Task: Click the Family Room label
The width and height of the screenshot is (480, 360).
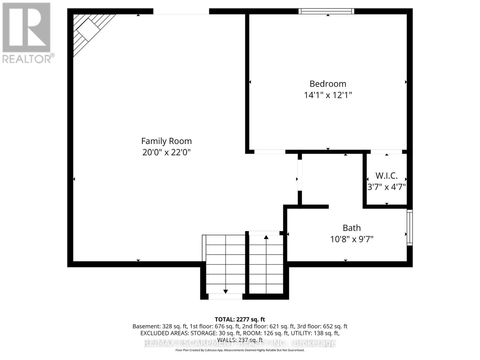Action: pos(166,141)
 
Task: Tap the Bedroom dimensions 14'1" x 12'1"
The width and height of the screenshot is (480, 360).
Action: pos(328,95)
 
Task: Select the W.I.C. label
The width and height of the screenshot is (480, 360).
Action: pos(386,175)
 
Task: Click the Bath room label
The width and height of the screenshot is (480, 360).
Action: pos(352,228)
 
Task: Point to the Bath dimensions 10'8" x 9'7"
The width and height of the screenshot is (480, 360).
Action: pos(352,239)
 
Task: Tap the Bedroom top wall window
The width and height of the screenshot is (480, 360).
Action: pos(326,11)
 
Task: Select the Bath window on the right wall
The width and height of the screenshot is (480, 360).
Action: pos(409,227)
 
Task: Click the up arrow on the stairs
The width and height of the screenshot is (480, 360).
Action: pos(266,237)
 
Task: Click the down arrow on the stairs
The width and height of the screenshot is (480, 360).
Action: pos(226,291)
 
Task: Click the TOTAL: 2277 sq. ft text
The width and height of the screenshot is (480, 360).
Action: pos(240,319)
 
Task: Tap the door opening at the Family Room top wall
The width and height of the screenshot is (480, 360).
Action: pos(181,11)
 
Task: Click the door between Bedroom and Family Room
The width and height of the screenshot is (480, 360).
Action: pos(270,152)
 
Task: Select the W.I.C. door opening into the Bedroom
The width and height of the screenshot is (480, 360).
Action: pos(386,152)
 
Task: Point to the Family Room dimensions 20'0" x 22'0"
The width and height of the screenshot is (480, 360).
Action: pos(166,152)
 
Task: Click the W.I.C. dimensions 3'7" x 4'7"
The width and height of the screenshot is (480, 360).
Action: pos(386,187)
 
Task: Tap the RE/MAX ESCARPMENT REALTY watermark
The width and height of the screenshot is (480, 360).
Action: pos(240,343)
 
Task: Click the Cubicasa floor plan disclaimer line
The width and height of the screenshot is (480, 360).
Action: pos(240,350)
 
